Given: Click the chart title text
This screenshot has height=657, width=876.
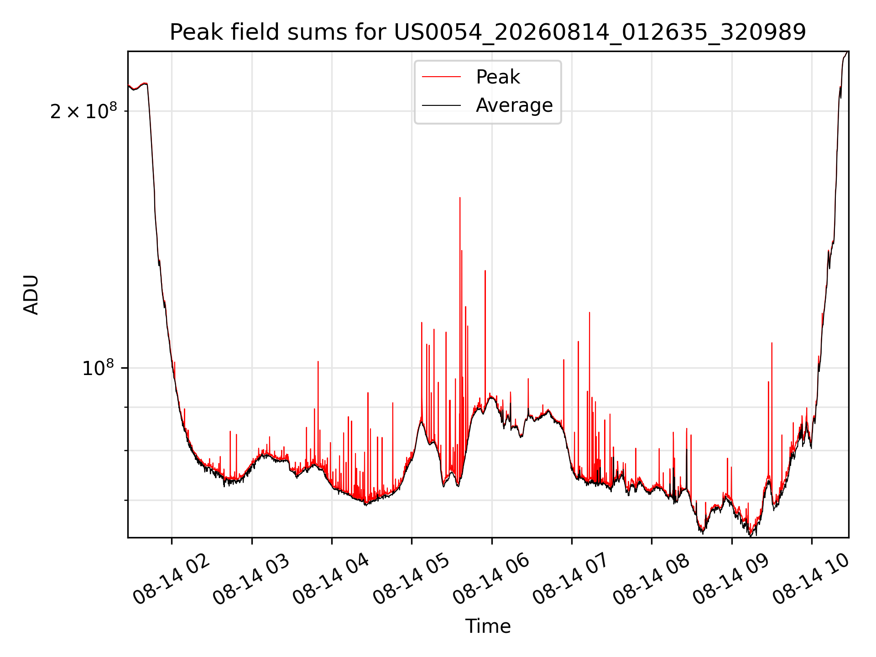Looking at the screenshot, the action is click(488, 32).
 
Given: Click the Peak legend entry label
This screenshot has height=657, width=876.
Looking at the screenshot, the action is click(498, 77).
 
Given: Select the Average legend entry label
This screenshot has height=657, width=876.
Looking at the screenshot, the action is click(514, 105).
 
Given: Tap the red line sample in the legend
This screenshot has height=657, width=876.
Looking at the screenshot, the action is click(442, 77).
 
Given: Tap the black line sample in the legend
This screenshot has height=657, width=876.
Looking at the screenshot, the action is click(442, 105).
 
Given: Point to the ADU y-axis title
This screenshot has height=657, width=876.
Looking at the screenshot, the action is click(31, 294).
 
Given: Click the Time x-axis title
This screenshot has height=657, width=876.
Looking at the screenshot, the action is click(488, 626).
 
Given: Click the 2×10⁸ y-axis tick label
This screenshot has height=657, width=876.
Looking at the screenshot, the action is click(83, 110).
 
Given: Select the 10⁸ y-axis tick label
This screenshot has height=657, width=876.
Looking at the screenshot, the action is click(98, 367).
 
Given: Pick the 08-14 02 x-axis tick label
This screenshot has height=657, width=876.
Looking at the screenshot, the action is click(172, 579).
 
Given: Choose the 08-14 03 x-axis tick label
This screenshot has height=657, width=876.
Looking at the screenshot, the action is click(251, 579).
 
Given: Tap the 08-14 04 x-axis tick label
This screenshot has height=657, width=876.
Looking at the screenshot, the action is click(331, 579).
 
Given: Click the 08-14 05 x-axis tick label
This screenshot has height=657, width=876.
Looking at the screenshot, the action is click(412, 579).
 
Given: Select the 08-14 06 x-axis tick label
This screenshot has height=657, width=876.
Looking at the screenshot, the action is click(491, 579).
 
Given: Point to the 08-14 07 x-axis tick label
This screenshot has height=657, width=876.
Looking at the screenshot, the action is click(571, 579).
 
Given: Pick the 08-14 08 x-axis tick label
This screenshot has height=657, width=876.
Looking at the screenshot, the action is click(652, 579).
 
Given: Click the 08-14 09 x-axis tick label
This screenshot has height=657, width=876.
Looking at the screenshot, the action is click(731, 579).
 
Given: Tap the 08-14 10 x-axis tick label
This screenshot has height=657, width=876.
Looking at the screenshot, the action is click(811, 579).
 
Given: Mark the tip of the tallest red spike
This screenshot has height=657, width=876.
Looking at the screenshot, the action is click(460, 198).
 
